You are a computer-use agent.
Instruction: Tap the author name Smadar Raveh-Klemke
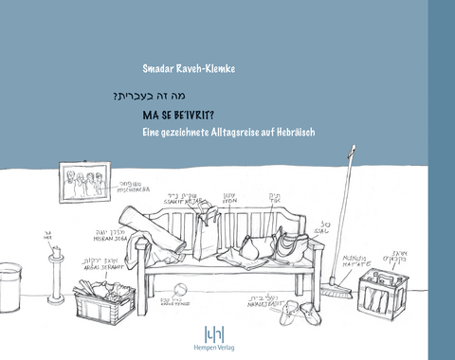189,68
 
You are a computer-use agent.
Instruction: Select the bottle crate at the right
384,293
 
